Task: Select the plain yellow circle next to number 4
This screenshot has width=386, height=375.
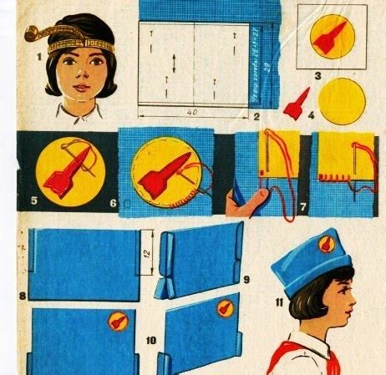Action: tap(342, 101)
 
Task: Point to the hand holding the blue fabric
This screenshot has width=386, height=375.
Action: tap(246, 200)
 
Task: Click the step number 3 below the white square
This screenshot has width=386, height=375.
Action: tap(318, 76)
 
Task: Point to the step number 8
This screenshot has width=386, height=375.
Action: tap(23, 296)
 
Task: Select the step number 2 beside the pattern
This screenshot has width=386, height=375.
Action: tap(256, 115)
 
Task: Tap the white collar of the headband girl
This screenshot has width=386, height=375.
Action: tap(77, 109)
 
